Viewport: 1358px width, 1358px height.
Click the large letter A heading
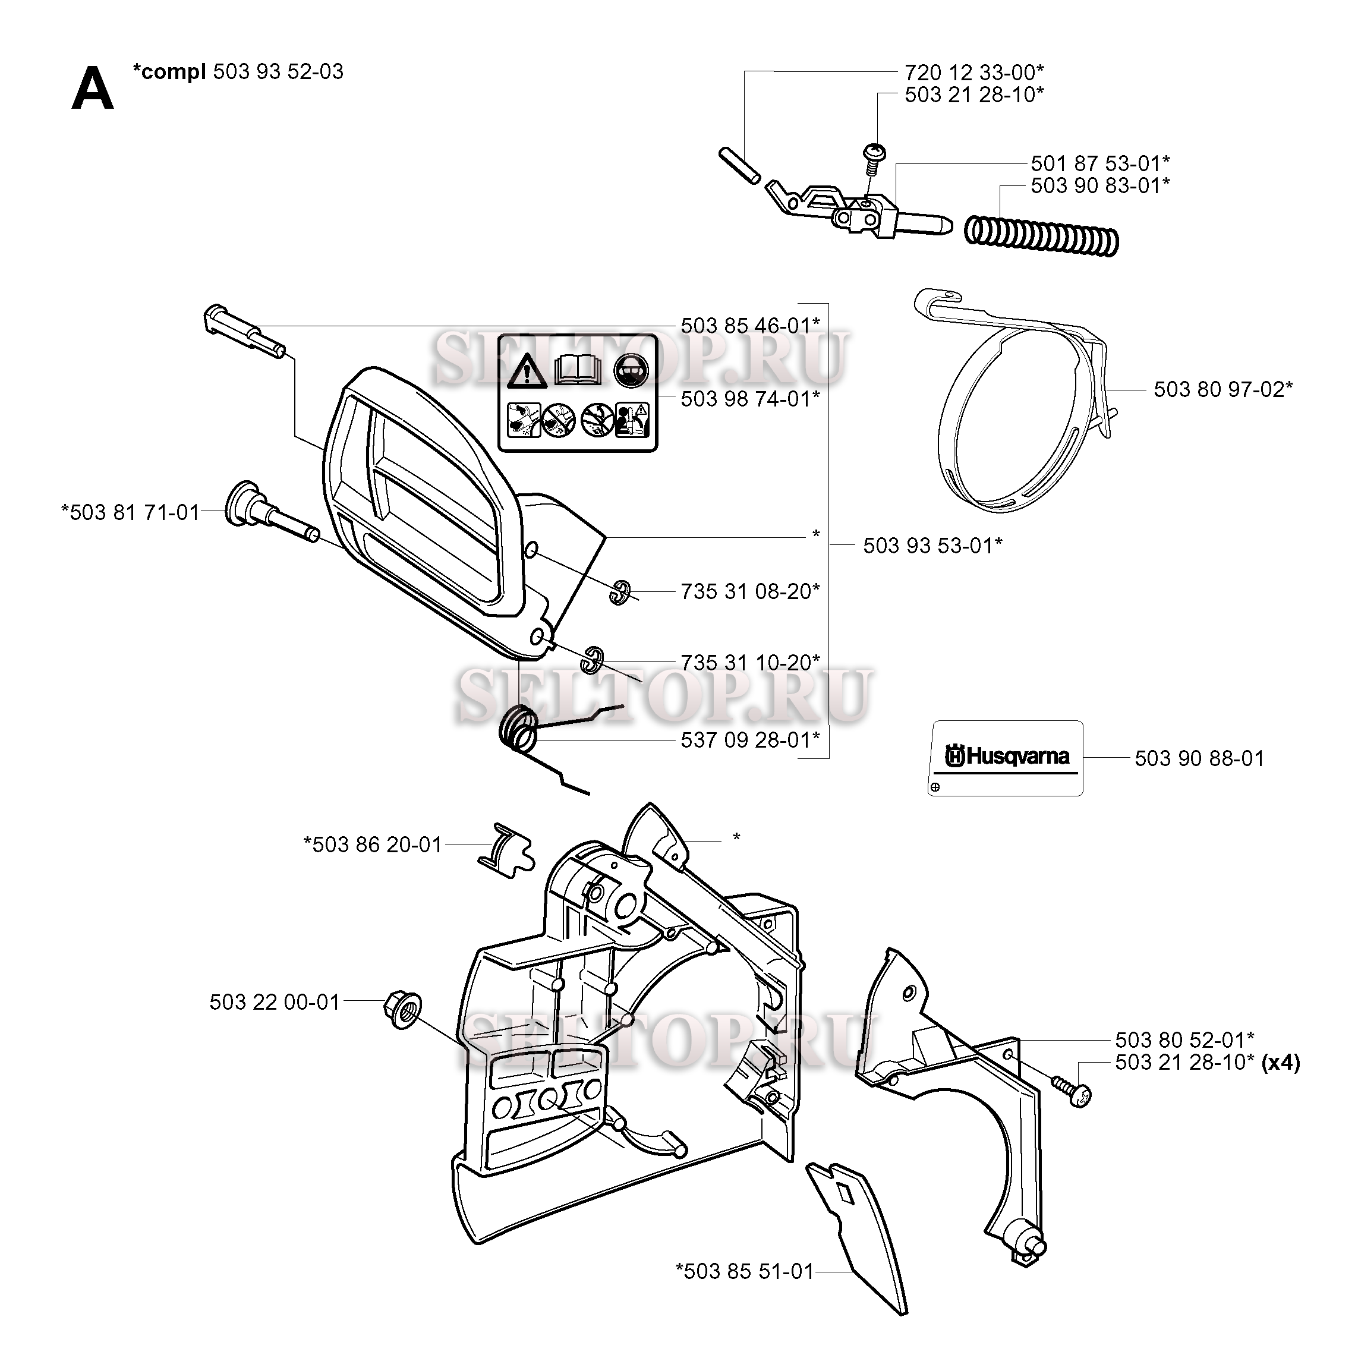click(x=92, y=89)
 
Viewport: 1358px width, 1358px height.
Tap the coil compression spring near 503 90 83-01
click(x=1041, y=234)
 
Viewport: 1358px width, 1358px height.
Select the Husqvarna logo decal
click(x=1005, y=758)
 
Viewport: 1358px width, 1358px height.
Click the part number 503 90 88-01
click(x=1200, y=758)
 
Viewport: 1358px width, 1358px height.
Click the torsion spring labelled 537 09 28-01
click(x=519, y=734)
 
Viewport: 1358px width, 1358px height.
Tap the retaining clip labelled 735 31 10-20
click(x=592, y=658)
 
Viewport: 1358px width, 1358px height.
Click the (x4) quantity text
click(x=1281, y=1062)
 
